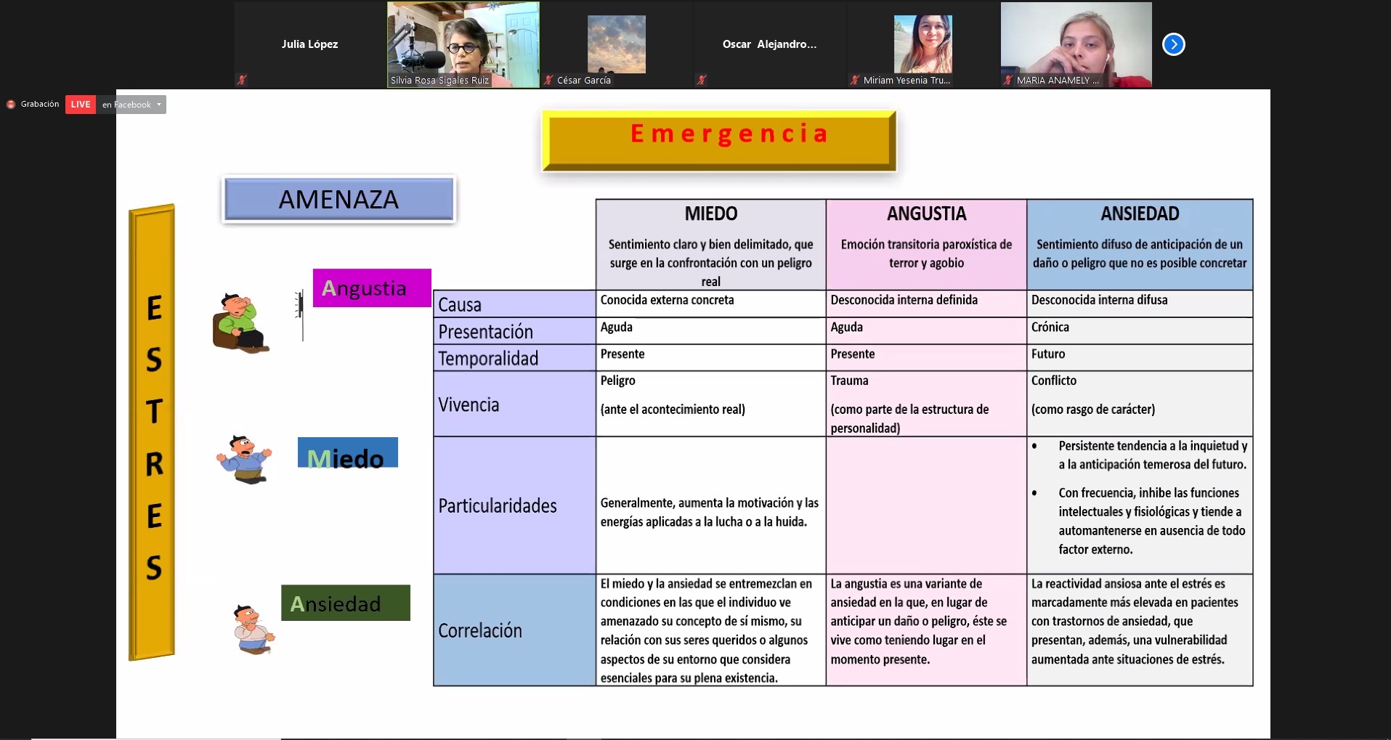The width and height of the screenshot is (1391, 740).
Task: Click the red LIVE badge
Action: click(x=80, y=105)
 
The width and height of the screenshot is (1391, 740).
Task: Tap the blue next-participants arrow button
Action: click(x=1173, y=44)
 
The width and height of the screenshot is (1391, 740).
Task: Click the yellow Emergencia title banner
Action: click(x=719, y=139)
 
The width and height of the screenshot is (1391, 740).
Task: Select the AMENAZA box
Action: click(x=338, y=199)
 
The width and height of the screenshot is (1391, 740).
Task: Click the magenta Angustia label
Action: click(x=371, y=288)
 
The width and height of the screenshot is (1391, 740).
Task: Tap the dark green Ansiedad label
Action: click(x=345, y=603)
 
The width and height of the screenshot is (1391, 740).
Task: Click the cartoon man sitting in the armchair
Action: click(x=240, y=323)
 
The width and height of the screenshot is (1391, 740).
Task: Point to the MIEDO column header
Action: click(x=710, y=214)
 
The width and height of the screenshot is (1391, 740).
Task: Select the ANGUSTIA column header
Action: click(x=926, y=214)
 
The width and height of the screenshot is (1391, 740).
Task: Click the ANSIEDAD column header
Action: click(x=1139, y=214)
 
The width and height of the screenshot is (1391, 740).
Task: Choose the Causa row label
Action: click(x=460, y=304)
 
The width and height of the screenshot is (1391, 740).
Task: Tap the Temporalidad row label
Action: click(x=488, y=358)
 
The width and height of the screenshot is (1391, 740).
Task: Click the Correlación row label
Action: click(x=480, y=630)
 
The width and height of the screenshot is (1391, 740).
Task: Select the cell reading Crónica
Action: click(x=1050, y=327)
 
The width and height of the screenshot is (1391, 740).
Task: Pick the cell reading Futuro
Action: click(x=1048, y=354)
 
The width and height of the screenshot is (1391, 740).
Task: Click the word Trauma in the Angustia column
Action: click(x=849, y=381)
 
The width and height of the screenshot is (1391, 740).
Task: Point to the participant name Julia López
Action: click(x=309, y=44)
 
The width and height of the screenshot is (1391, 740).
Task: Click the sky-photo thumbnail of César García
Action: click(x=616, y=44)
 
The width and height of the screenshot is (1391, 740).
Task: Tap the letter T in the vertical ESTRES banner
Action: click(x=154, y=412)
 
